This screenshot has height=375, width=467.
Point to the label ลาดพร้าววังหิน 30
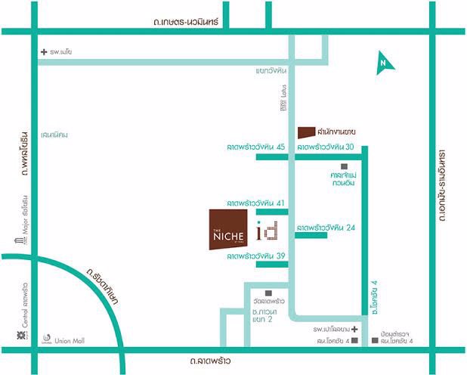[x=325, y=147]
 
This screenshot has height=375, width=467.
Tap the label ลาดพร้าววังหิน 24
[x=326, y=227]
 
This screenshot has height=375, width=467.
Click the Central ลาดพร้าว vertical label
[x=23, y=310]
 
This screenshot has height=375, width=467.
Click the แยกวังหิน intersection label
[x=270, y=71]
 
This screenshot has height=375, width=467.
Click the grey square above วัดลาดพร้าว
[x=268, y=293]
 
